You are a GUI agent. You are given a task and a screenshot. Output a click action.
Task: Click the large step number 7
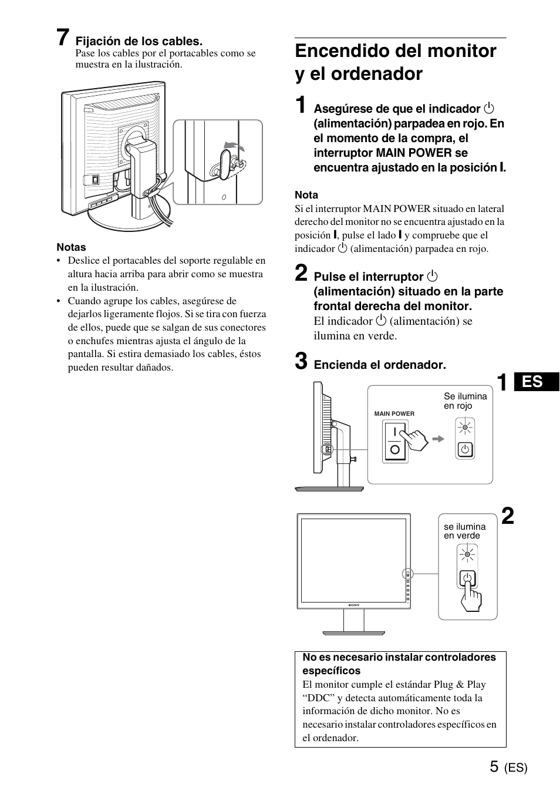tap(65, 38)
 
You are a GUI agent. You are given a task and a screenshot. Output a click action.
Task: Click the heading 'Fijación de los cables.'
tap(139, 41)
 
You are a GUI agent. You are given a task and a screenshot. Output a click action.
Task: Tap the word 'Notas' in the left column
tap(71, 247)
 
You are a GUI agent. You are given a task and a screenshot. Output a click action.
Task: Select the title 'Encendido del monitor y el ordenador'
tap(395, 62)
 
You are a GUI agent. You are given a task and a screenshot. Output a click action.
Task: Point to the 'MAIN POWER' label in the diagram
tap(394, 413)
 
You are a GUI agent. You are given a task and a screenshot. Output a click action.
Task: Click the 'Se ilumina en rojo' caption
tap(465, 401)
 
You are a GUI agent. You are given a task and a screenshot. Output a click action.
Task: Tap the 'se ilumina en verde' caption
tap(464, 531)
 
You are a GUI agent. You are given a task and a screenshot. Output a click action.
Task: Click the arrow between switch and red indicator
tap(438, 439)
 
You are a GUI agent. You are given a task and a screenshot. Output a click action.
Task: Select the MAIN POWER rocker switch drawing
tap(394, 442)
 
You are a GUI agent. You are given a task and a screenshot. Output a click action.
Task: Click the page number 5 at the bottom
tap(494, 766)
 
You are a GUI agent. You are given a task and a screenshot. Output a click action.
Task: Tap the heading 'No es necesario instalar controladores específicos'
tap(399, 664)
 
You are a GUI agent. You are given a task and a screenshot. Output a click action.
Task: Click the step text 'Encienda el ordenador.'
tap(380, 365)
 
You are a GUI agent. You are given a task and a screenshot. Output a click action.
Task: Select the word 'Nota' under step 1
tap(306, 195)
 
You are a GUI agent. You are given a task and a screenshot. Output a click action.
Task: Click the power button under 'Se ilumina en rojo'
tap(465, 450)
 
